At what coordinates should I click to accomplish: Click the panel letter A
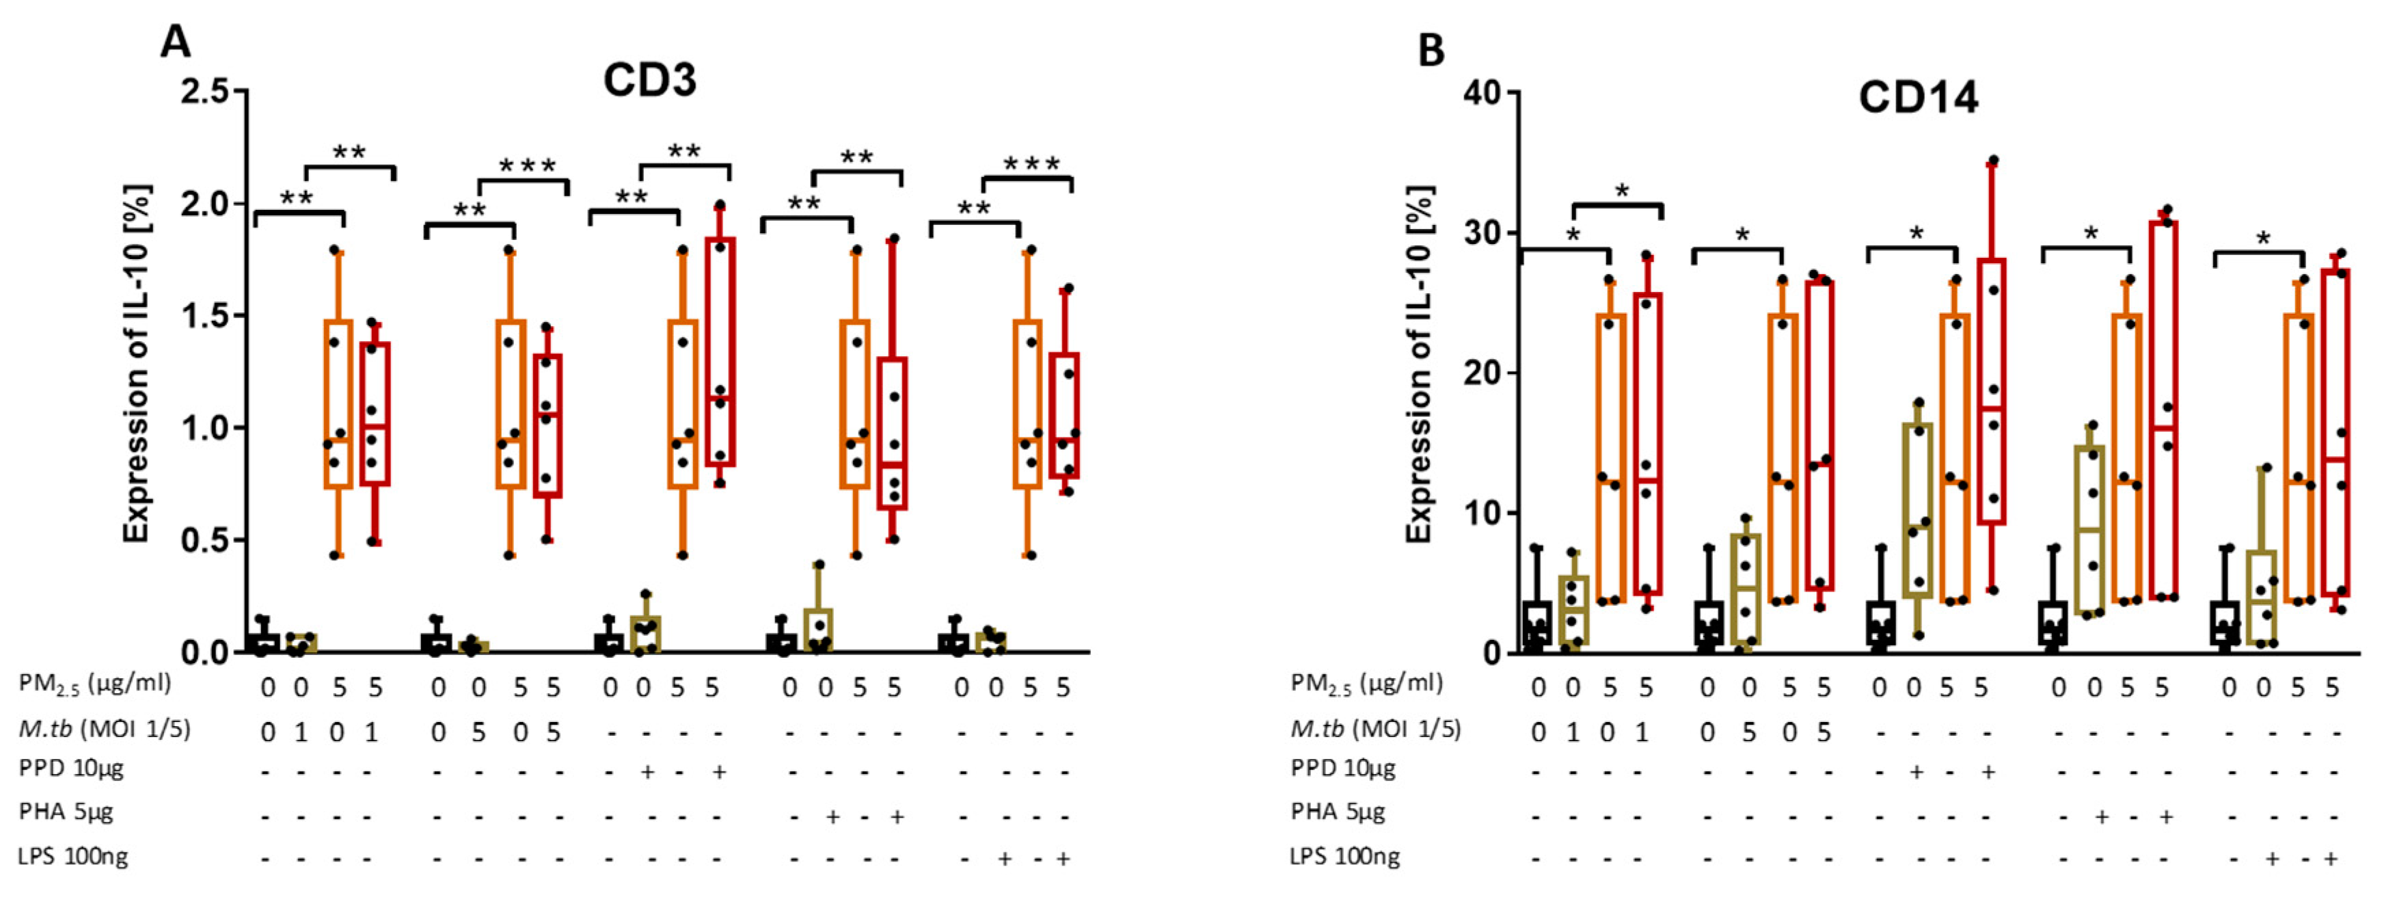coord(176,42)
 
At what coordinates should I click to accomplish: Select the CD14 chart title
coord(1918,98)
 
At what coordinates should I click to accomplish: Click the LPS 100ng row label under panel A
coord(73,856)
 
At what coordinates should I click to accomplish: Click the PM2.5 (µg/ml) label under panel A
coord(94,684)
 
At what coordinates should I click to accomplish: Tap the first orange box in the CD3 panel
coord(338,404)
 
